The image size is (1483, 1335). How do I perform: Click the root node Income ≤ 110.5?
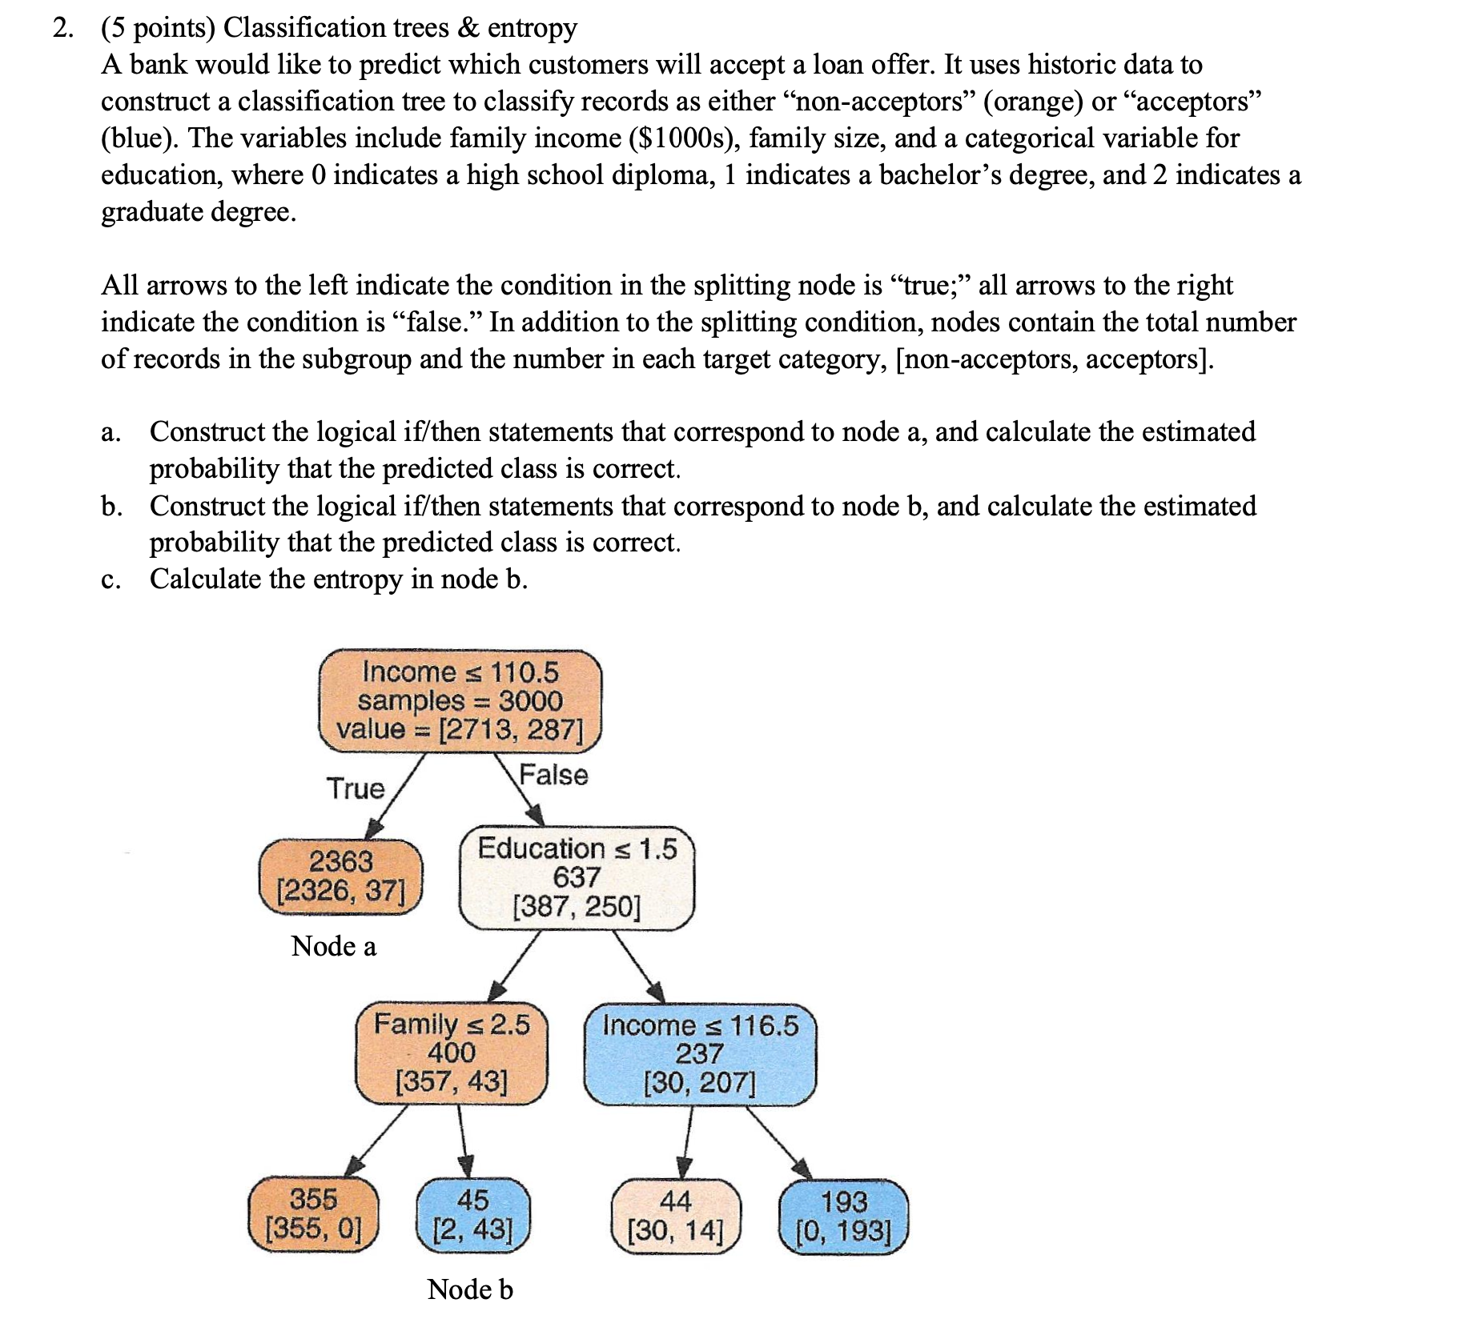[x=460, y=700]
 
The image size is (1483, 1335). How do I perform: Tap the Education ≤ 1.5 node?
[x=577, y=877]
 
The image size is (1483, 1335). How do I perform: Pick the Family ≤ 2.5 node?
[x=452, y=1052]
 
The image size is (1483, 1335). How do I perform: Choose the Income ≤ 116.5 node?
[x=700, y=1054]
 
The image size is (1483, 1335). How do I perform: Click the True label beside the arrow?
[x=355, y=788]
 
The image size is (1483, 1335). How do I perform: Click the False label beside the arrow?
[x=553, y=775]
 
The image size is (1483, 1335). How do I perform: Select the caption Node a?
[x=333, y=946]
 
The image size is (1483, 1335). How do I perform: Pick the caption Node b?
[x=469, y=1289]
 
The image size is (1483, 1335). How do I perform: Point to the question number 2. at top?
[x=63, y=28]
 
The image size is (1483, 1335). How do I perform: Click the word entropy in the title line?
[x=532, y=28]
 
